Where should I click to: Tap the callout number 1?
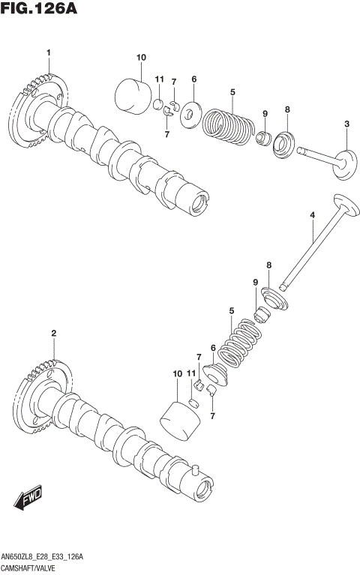48,52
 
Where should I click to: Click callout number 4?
312,216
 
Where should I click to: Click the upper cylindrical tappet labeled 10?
133,94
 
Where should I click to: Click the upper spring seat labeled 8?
285,142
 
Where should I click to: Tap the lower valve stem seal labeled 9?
262,314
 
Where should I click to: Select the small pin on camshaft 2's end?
195,471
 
